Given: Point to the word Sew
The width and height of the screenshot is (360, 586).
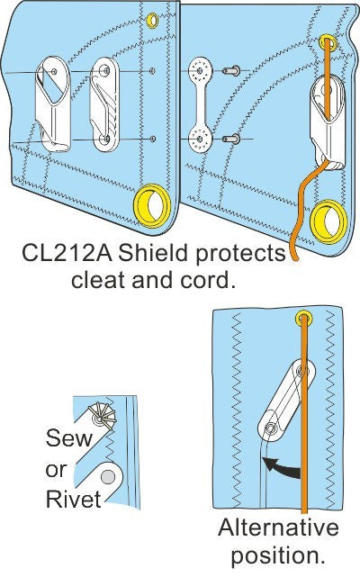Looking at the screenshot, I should coord(66,440).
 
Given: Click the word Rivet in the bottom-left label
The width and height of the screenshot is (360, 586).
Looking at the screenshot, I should coord(73,496).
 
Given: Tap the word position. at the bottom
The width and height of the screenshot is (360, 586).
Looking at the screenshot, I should coord(277,555).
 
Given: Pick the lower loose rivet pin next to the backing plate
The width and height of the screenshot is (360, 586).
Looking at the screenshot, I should coord(229,138).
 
